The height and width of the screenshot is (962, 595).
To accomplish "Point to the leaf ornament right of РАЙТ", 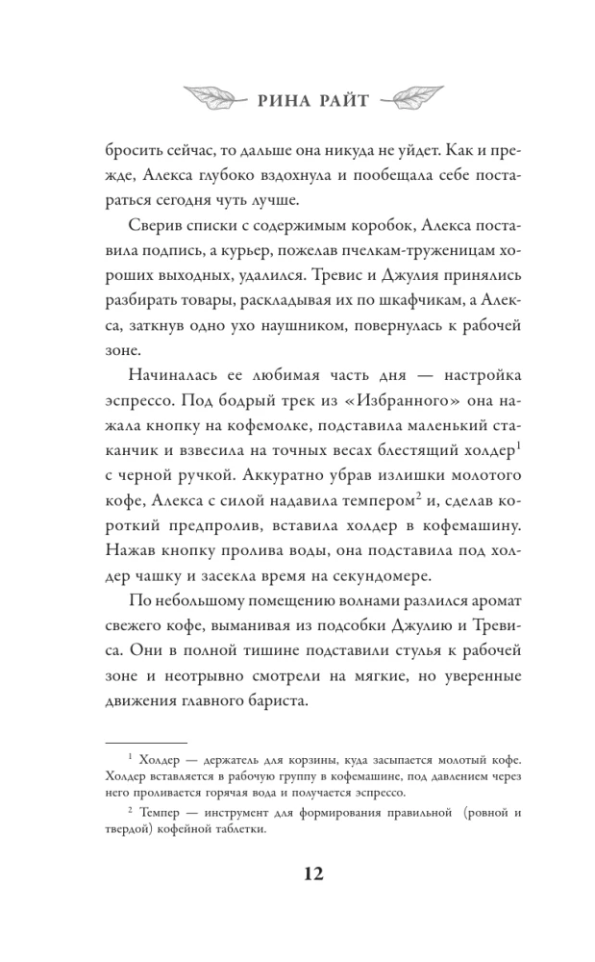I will (x=407, y=96).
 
